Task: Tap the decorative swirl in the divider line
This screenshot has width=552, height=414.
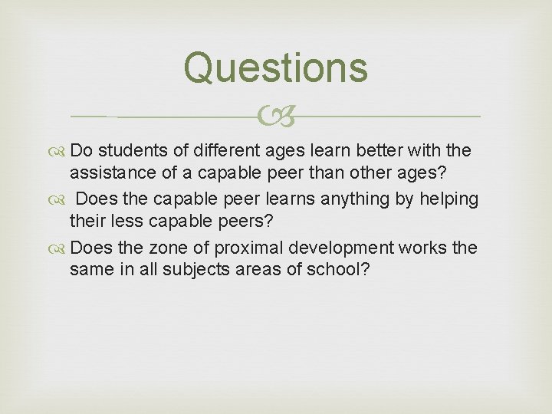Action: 275,117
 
